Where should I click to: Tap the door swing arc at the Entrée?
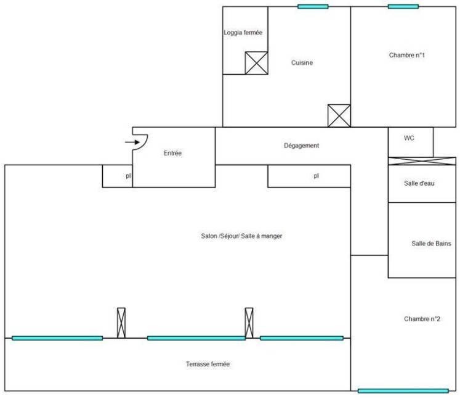(x=141, y=143)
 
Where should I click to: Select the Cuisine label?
(x=302, y=62)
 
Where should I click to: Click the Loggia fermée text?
(x=244, y=33)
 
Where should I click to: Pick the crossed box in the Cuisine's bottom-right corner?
(x=339, y=115)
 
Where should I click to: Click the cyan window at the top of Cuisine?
(x=313, y=7)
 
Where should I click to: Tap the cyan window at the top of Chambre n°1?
(x=403, y=7)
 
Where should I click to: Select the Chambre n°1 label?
(x=407, y=55)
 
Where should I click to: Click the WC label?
(x=409, y=138)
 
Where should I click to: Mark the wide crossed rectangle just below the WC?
(x=421, y=161)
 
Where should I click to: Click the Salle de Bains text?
(x=431, y=244)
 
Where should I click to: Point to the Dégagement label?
(x=302, y=146)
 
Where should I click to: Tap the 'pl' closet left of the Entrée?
(x=118, y=176)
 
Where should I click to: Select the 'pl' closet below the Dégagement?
(x=309, y=176)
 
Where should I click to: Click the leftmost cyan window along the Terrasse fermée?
(x=57, y=338)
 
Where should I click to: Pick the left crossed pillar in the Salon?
(x=121, y=323)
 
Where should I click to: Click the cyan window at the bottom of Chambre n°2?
(x=403, y=391)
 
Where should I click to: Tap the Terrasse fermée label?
(x=208, y=365)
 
